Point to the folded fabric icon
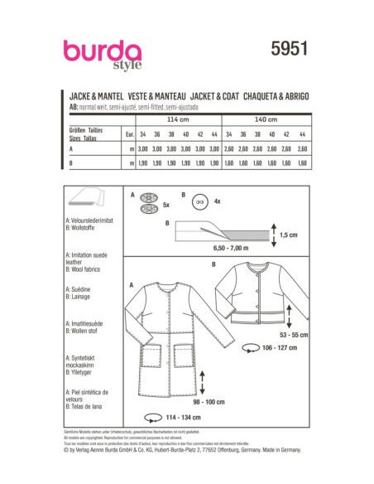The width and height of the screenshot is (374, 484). [x=83, y=201]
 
